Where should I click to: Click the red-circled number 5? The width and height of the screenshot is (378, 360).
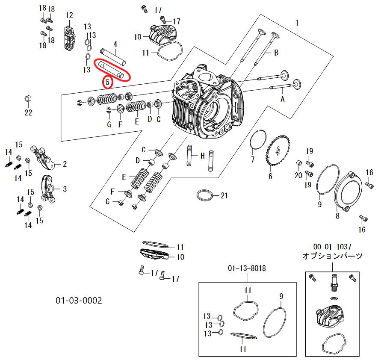[x=108, y=81]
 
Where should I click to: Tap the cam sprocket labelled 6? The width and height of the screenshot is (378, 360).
[x=277, y=153]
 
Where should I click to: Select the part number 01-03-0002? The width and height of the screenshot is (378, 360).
[x=79, y=301]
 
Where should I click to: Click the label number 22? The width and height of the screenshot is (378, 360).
[x=28, y=113]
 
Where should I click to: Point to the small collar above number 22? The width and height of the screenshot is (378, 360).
[x=28, y=99]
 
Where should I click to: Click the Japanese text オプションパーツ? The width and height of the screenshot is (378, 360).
[x=332, y=256]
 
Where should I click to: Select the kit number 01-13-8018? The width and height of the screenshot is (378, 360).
[x=247, y=269]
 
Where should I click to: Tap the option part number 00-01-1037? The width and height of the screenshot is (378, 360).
[x=332, y=247]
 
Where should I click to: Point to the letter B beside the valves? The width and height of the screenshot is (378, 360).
[x=276, y=53]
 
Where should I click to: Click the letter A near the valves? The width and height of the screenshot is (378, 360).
[x=282, y=98]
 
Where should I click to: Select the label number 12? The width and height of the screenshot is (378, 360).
[x=69, y=15]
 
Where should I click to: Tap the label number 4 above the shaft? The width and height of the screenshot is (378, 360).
[x=115, y=44]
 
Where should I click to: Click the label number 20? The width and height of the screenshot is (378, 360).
[x=298, y=175]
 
